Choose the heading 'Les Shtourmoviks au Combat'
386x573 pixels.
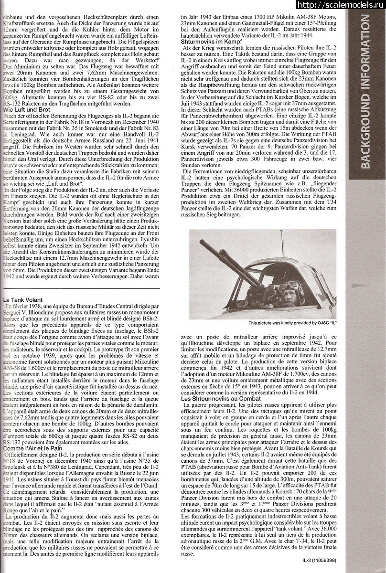click(x=221, y=398)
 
